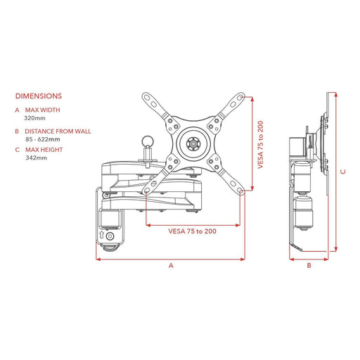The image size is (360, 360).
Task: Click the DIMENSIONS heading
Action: (x=38, y=96)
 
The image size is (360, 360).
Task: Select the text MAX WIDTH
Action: (x=42, y=110)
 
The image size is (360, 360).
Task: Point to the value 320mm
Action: (x=36, y=119)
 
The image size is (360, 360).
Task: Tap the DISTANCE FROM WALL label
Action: (x=58, y=131)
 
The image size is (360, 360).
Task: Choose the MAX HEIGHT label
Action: (x=44, y=150)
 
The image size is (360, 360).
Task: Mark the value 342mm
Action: (x=36, y=158)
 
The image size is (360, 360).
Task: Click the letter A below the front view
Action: (x=170, y=266)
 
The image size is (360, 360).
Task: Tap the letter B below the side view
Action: (x=309, y=266)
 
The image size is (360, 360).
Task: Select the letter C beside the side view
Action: (x=343, y=170)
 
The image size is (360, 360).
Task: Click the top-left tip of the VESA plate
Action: (x=146, y=96)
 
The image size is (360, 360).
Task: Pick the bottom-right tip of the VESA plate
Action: (x=241, y=188)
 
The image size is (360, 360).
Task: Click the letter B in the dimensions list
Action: (x=17, y=131)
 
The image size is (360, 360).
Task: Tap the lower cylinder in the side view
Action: (x=305, y=212)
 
